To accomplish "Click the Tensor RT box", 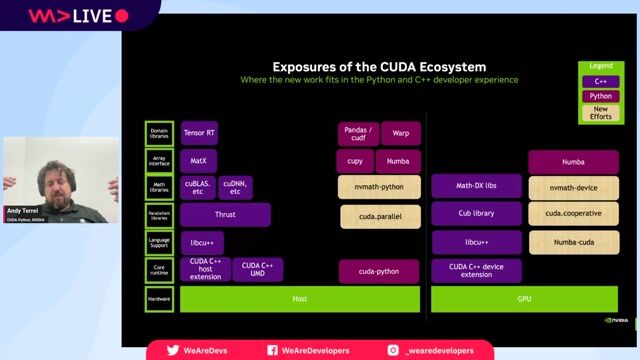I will point(200,133).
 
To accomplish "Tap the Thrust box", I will point(225,215).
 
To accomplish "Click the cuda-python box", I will point(379,271).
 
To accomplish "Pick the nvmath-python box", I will point(379,187).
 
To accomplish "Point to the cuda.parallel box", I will point(379,215).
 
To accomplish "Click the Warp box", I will point(401,133).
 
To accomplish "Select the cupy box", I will point(355,160).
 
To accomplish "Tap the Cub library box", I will point(476,214).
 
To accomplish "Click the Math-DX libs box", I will point(476,186).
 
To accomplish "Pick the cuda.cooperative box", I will point(573,214).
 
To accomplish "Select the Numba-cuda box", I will point(573,242).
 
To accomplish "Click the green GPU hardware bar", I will point(525,299).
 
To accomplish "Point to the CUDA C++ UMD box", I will point(258,270).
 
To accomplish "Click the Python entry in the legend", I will point(600,96).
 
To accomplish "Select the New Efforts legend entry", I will point(600,113).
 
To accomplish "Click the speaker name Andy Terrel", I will point(23,212).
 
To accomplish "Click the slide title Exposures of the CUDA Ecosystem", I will point(379,66).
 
